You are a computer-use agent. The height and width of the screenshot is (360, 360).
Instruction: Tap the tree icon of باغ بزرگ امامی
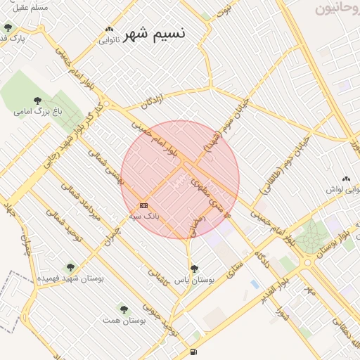37,101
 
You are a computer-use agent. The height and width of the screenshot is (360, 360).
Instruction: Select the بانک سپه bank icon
143,205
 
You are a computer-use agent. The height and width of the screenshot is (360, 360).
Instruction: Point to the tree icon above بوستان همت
124,309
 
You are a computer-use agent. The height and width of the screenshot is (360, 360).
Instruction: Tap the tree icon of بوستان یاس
194,269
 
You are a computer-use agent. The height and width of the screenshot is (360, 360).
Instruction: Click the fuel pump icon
193,352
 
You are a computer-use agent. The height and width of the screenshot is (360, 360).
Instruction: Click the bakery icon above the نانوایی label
109,29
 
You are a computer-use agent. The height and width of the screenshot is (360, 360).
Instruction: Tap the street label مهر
309,288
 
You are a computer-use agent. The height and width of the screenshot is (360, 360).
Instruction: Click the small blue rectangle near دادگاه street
254,283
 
